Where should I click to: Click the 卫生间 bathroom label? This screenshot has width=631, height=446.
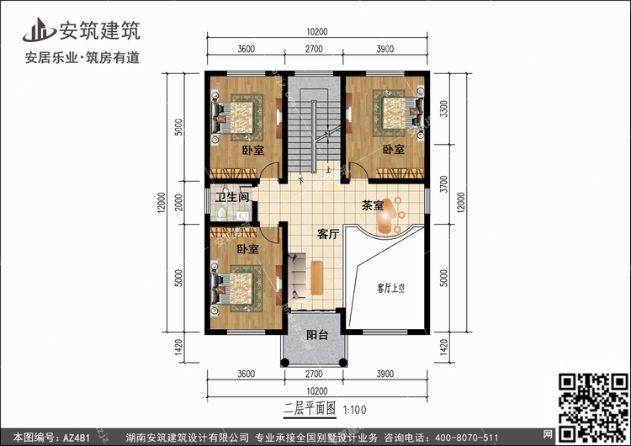tap(232, 197)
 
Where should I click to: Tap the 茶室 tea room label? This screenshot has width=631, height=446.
tap(372, 205)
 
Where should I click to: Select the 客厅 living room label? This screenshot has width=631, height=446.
tap(328, 234)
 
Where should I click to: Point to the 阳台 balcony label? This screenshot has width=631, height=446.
tap(317, 335)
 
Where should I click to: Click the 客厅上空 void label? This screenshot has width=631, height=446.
tap(390, 288)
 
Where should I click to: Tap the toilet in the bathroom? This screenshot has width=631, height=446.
tap(222, 213)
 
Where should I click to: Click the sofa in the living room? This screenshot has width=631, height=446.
tap(297, 277)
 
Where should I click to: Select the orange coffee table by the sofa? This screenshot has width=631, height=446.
tap(317, 278)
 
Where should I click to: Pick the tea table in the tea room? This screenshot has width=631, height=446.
tap(385, 215)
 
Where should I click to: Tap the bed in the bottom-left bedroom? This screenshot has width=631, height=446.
tap(236, 289)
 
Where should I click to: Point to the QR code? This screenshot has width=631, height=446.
tap(593, 407)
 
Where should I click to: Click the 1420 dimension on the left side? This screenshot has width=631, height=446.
tap(179, 347)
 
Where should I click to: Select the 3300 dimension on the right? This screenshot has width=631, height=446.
tap(443, 109)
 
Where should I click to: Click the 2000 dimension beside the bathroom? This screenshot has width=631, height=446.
tap(179, 203)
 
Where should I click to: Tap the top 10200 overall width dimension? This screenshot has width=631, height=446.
tap(316, 32)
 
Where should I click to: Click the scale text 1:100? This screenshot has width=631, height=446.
tap(354, 410)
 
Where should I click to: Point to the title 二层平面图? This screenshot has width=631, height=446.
tap(310, 409)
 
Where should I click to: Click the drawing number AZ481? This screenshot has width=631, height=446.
tap(76, 438)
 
